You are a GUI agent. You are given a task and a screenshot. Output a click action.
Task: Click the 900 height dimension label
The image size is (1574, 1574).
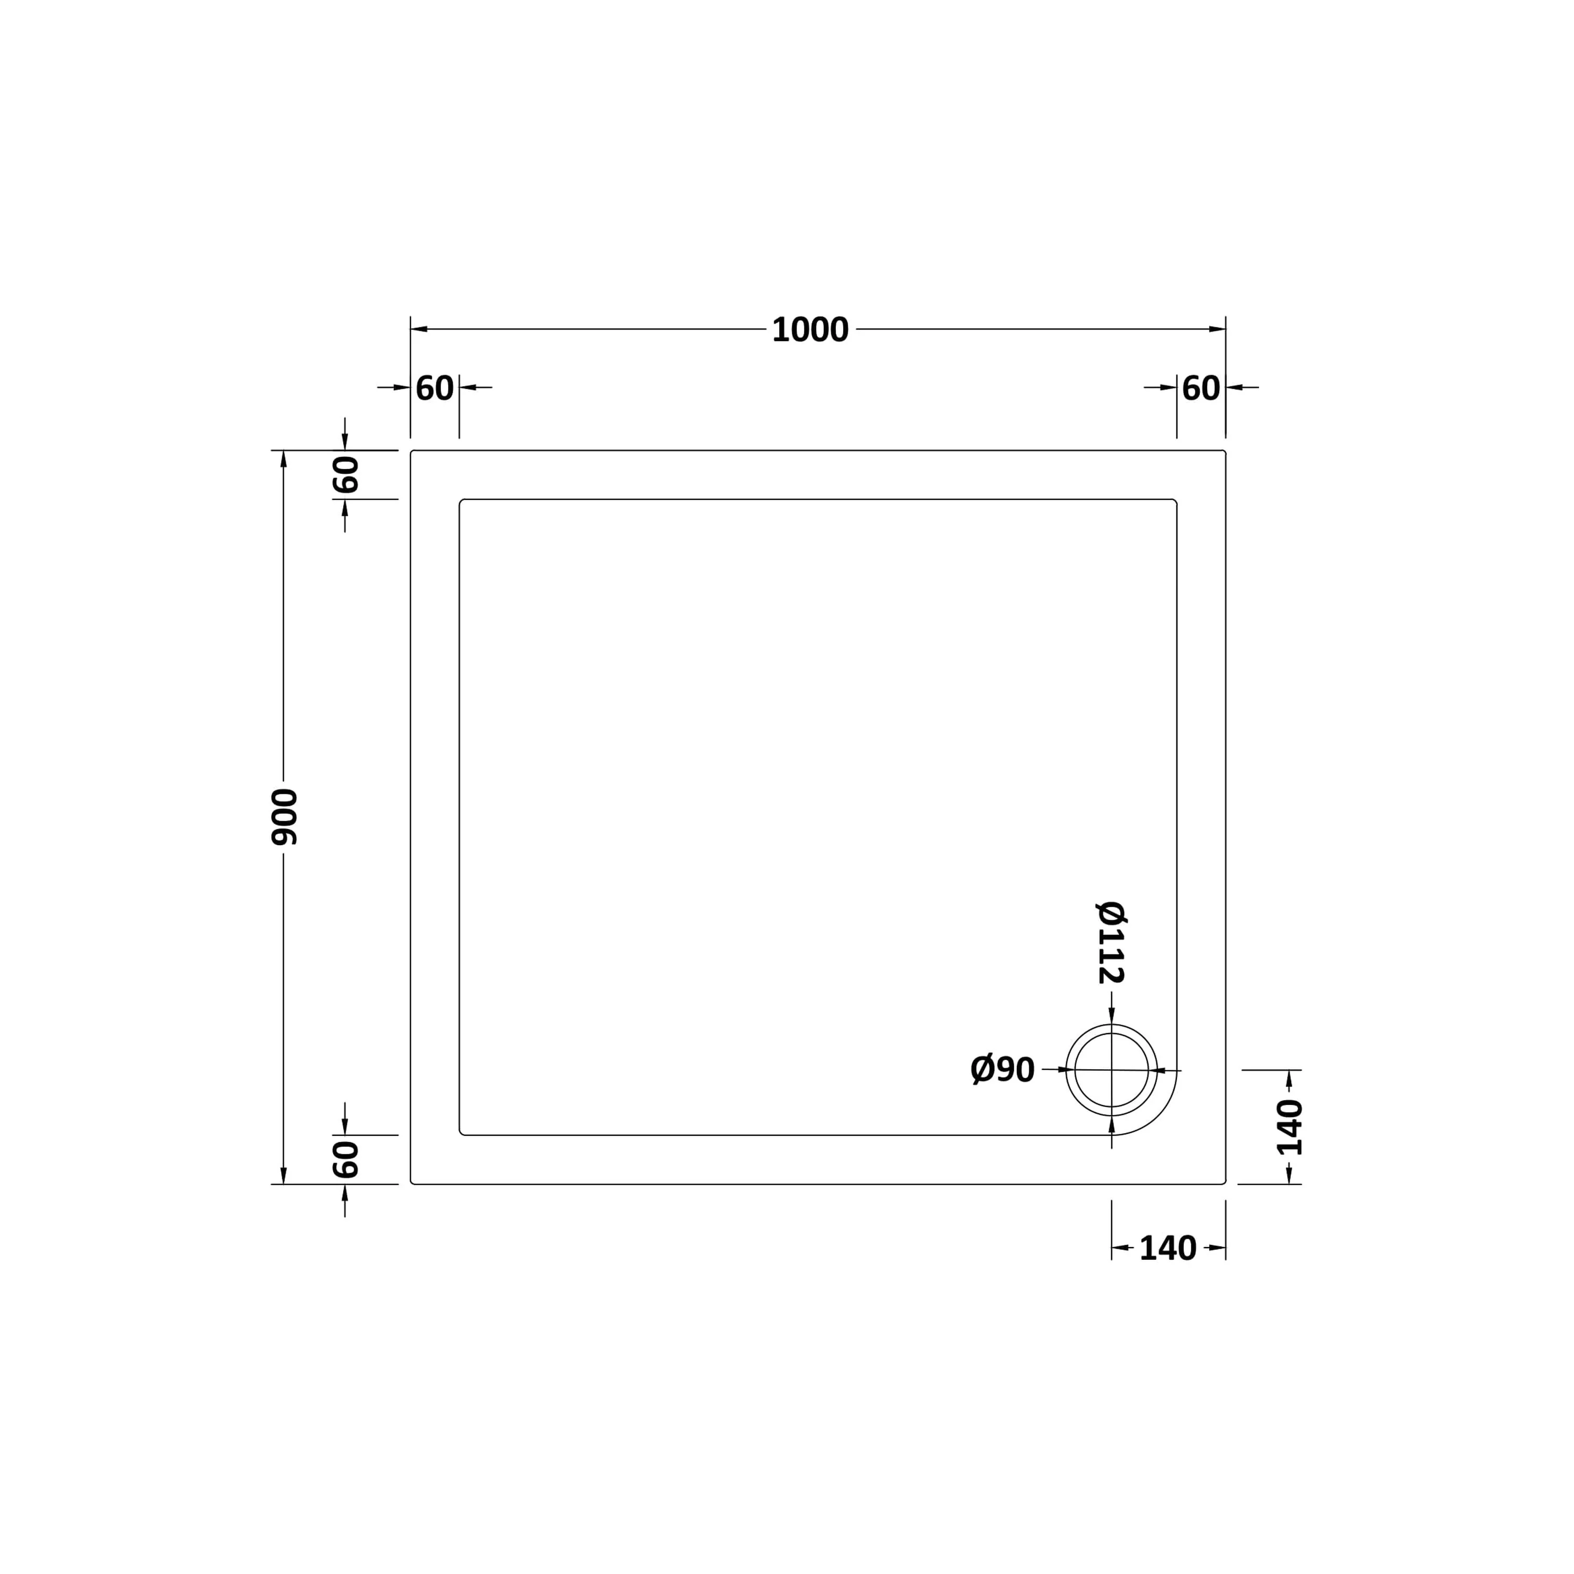[x=284, y=817]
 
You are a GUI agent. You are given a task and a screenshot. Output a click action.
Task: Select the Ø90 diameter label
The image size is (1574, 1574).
[x=1003, y=1070]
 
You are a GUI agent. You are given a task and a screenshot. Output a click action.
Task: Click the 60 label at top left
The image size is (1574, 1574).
[x=434, y=389]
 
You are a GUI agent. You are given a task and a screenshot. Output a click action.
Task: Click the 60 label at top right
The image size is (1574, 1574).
[x=1201, y=389]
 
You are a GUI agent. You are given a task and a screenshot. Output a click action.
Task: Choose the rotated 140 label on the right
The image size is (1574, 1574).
[x=1290, y=1128]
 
